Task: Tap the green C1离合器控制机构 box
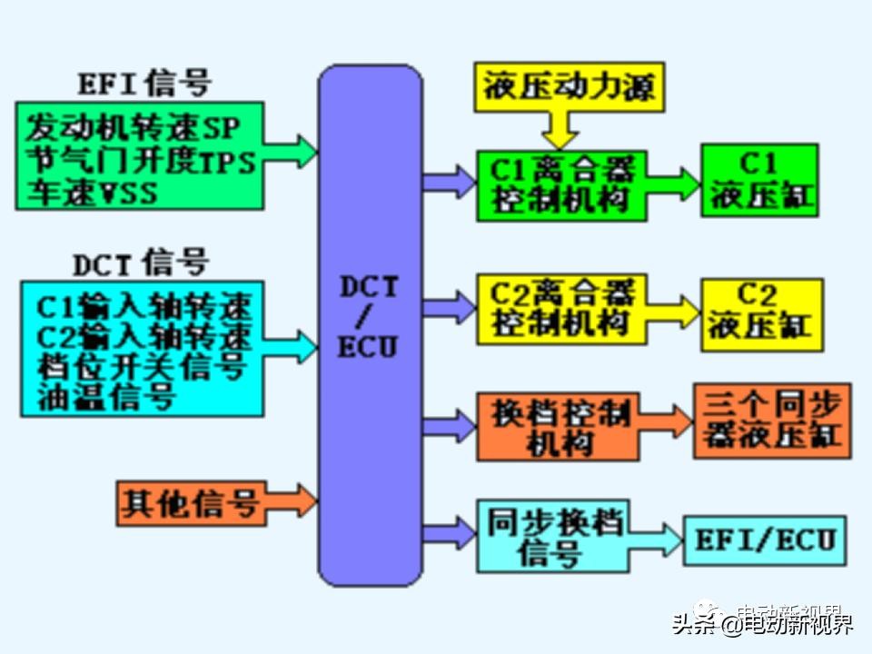pos(561,185)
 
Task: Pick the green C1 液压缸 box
pos(758,181)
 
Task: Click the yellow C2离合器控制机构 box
pos(561,310)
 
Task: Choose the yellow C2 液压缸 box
pos(762,314)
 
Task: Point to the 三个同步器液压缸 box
pos(771,421)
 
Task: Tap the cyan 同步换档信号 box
pos(552,536)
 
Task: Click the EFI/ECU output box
pos(765,540)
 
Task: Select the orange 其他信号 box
pos(191,502)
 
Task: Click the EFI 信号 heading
pos(144,84)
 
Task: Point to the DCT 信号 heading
pos(141,263)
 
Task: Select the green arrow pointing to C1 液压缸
pos(673,182)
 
